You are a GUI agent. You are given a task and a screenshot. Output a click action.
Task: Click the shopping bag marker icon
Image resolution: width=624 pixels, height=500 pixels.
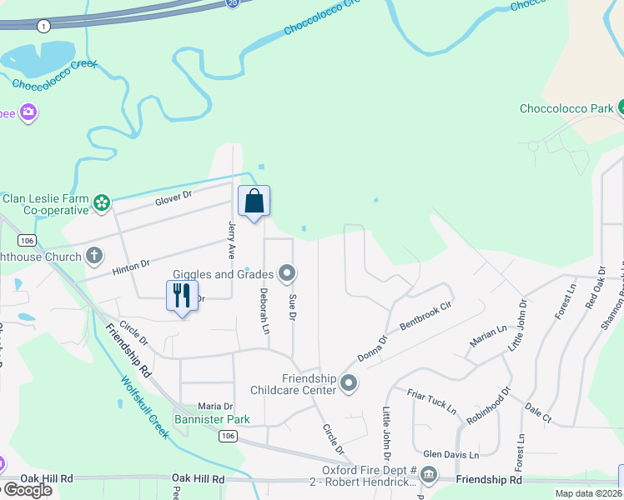(254, 202)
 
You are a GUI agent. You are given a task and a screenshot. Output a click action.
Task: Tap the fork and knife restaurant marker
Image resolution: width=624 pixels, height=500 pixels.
(183, 295)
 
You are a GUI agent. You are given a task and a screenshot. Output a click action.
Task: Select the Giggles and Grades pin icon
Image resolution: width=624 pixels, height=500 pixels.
(288, 272)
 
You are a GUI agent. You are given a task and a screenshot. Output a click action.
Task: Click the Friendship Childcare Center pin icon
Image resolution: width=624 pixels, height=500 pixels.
(349, 384)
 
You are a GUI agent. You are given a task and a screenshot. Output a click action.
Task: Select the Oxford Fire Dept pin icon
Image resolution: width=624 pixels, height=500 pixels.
(429, 475)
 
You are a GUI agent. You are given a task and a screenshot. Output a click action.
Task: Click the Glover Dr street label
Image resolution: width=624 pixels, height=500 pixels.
(174, 198)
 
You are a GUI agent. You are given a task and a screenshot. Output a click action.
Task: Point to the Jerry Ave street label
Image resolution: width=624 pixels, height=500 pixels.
(233, 237)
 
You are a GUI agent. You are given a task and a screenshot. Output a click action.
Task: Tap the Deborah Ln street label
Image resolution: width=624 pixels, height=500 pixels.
(264, 312)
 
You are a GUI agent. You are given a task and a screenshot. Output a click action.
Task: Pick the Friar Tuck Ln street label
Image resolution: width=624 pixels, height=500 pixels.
(431, 400)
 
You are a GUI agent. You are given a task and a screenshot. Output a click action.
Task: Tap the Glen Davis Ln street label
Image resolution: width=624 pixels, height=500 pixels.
(450, 455)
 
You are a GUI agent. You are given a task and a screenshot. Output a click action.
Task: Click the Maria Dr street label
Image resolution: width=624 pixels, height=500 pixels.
(214, 407)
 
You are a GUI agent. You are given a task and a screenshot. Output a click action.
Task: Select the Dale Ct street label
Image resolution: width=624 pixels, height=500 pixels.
(538, 413)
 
